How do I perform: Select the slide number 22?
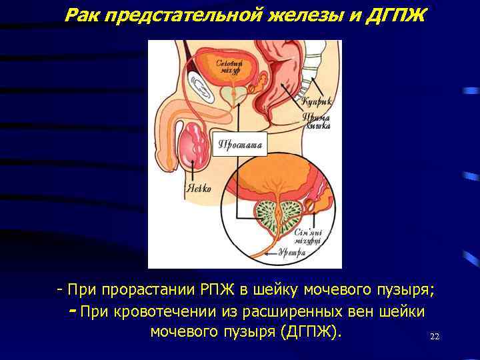[434, 337]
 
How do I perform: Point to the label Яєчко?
[197, 189]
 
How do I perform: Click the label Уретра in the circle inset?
[292, 253]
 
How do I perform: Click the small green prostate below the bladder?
[231, 94]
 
